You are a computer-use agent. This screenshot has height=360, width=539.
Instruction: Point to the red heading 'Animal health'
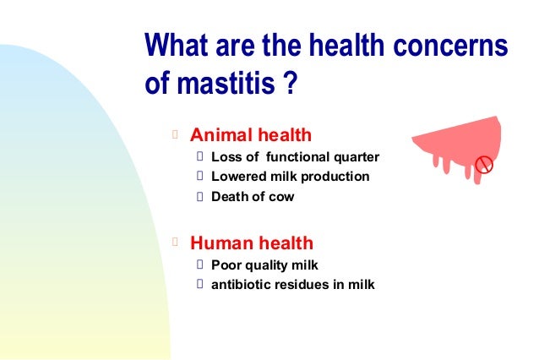pos(251,134)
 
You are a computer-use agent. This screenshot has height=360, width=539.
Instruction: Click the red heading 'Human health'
pos(252,243)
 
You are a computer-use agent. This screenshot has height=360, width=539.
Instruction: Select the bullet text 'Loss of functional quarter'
pos(295,156)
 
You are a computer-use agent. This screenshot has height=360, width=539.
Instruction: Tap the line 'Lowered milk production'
pos(290,177)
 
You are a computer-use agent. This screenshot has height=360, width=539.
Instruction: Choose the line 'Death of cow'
pos(253,197)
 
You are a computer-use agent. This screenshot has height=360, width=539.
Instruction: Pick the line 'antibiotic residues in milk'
pos(292,284)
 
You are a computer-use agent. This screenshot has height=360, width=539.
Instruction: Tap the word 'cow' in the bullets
pos(283,197)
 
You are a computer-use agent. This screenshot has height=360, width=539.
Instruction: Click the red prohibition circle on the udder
pos(484,164)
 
